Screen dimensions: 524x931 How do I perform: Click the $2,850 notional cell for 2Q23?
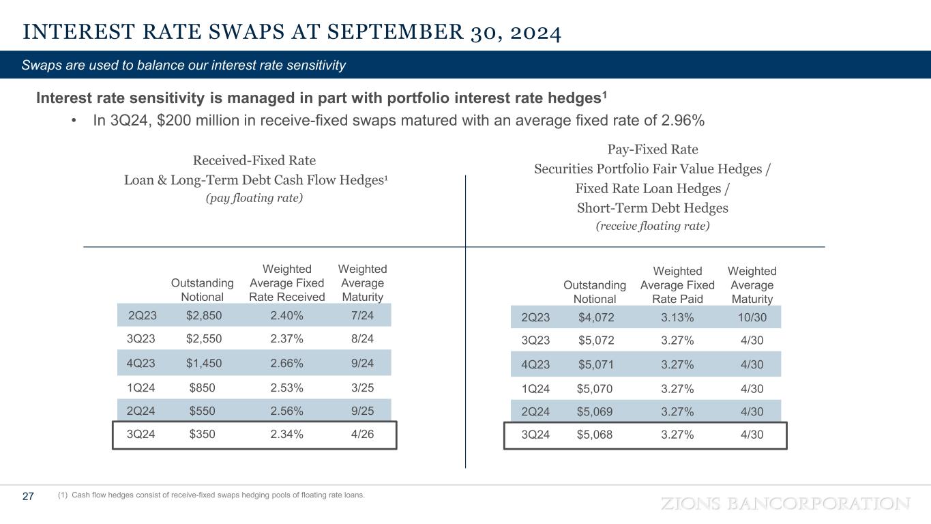[203, 315]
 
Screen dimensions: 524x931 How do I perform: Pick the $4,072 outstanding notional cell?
[595, 317]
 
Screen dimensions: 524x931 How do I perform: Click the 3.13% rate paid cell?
[677, 317]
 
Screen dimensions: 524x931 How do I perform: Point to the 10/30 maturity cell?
[752, 317]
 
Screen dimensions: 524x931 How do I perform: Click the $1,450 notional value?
[203, 362]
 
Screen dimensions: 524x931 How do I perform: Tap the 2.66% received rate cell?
[286, 362]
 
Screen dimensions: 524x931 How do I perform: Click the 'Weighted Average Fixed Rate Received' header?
[286, 283]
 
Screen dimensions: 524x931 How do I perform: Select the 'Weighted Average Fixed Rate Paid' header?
[677, 285]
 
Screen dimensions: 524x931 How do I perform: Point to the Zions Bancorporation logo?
[786, 504]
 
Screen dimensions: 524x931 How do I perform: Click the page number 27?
[28, 497]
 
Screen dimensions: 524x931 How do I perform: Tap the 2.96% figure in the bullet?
[680, 121]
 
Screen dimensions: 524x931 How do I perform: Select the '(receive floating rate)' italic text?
[652, 226]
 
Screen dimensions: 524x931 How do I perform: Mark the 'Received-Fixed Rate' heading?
[254, 161]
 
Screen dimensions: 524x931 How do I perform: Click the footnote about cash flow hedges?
[211, 495]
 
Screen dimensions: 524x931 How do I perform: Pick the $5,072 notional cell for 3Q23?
[595, 340]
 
